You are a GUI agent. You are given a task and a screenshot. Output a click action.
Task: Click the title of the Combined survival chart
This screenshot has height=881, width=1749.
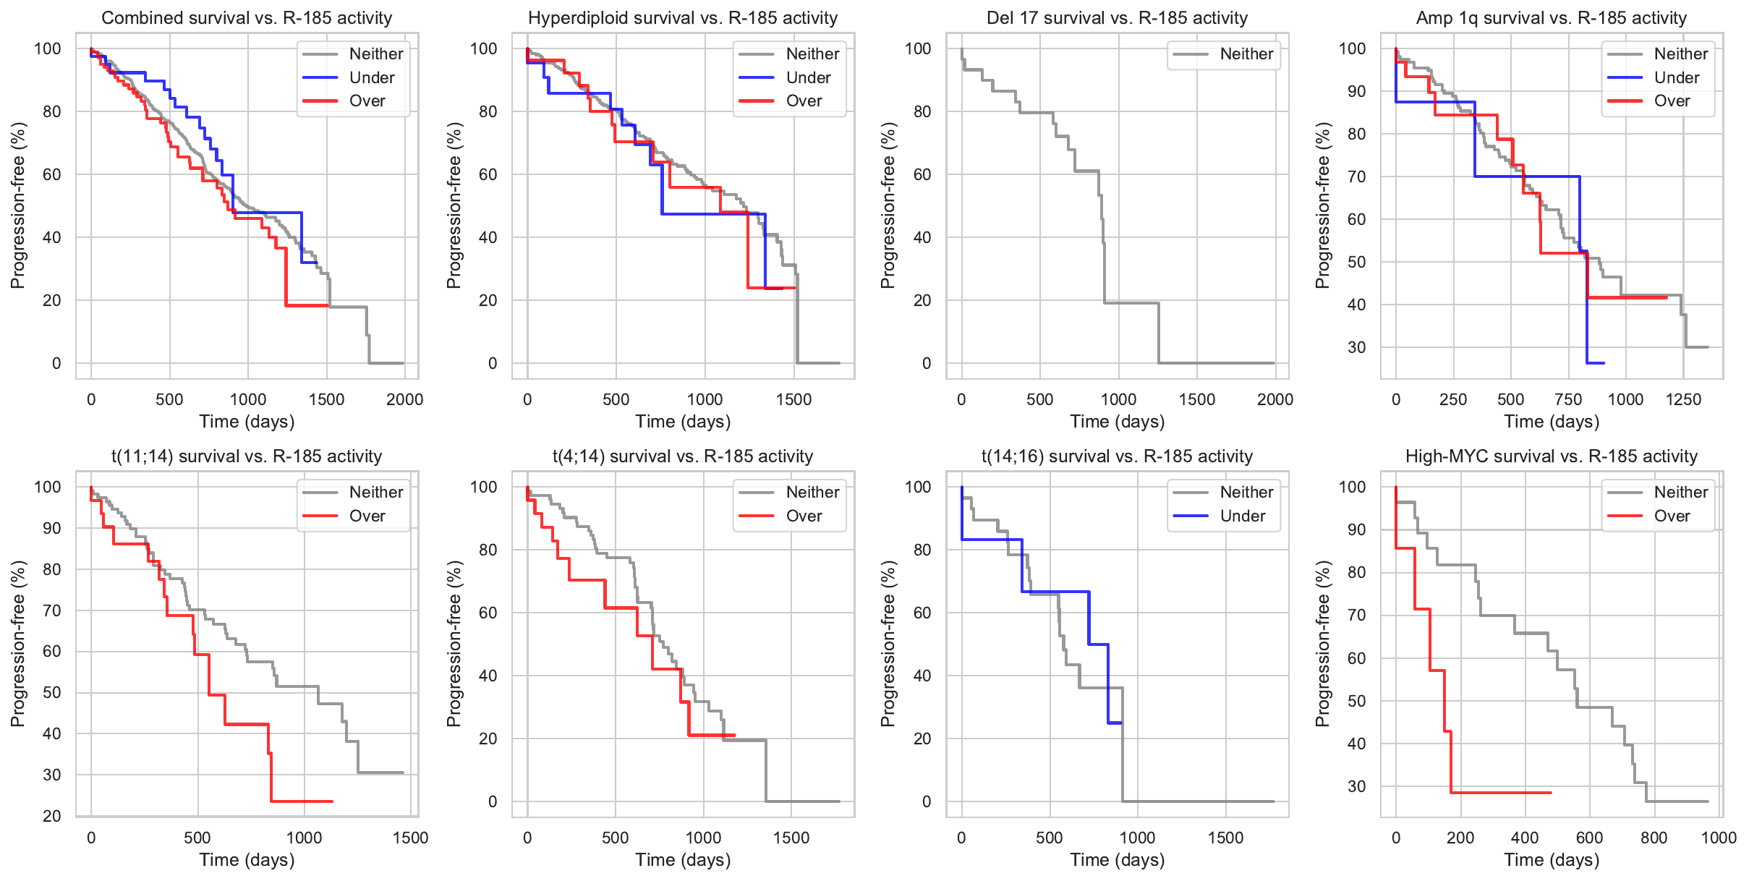(x=247, y=18)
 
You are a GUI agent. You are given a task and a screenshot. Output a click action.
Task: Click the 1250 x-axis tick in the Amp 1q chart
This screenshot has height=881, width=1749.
(x=1683, y=399)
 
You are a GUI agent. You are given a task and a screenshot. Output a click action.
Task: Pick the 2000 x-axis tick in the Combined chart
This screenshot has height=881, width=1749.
(x=404, y=399)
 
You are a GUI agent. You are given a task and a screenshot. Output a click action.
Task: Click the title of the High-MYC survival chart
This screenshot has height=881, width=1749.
(x=1551, y=456)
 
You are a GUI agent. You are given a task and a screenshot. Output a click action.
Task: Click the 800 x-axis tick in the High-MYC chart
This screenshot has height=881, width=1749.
(x=1654, y=838)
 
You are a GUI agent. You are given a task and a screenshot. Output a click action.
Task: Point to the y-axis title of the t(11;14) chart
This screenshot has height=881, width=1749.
(x=18, y=644)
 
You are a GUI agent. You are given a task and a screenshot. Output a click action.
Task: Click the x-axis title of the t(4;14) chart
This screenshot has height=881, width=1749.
(x=683, y=860)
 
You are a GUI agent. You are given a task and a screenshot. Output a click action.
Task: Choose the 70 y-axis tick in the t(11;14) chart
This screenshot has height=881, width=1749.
(x=52, y=610)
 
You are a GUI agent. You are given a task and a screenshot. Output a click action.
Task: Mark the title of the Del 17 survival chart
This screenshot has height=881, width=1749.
(x=1117, y=18)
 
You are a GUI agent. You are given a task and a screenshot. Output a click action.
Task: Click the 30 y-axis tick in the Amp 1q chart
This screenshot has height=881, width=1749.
(x=1356, y=347)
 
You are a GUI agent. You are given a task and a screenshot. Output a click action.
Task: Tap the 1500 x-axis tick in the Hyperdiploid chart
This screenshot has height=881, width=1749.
(x=793, y=399)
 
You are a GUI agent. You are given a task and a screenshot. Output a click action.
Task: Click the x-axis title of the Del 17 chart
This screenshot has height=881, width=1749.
(x=1117, y=422)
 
